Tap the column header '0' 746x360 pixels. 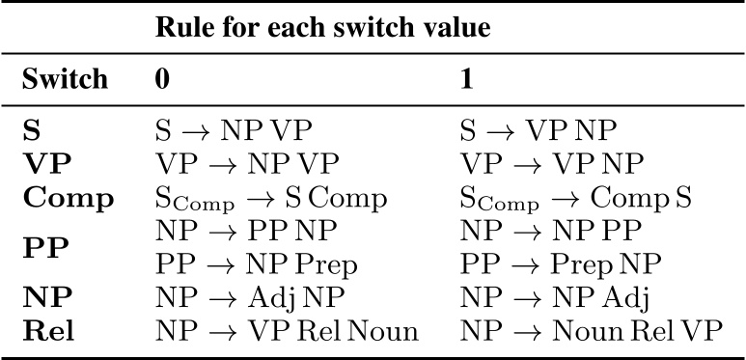pyautogui.click(x=163, y=79)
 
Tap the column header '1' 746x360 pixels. pyautogui.click(x=467, y=79)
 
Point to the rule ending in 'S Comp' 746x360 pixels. pyautogui.click(x=271, y=200)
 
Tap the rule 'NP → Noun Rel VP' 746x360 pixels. pyautogui.click(x=591, y=331)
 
